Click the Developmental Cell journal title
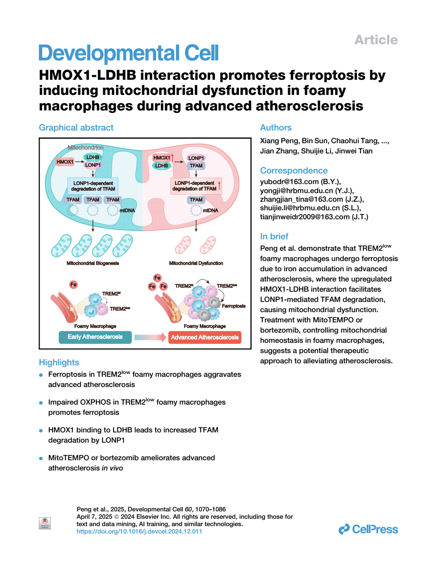pos(128,53)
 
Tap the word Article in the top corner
pos(376,40)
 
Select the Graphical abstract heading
pos(76,128)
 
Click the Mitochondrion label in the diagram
pos(85,147)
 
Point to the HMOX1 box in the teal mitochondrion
pos(65,162)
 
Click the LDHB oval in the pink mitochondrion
pos(161,166)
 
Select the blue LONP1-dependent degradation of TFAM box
pos(93,186)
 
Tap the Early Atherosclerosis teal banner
pos(95,337)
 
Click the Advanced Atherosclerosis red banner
pos(205,337)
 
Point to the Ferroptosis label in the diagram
pos(233,306)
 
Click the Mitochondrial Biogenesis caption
pos(93,263)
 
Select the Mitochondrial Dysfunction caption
pos(196,263)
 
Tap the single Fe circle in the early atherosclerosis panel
pos(73,284)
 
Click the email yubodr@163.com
pos(289,182)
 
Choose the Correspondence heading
pos(294,171)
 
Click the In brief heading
pos(274,236)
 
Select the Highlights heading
pos(59,362)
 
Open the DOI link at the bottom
pos(139,531)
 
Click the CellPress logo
pos(368,529)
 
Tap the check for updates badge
pos(45,523)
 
